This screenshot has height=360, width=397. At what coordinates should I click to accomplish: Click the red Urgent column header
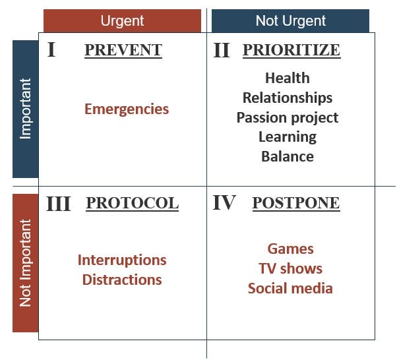click(122, 20)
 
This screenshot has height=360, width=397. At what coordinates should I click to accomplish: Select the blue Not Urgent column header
click(290, 20)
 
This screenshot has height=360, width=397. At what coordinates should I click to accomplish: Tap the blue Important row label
click(25, 109)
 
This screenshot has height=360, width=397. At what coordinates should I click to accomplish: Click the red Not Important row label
click(25, 262)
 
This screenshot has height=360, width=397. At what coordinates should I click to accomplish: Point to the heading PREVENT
click(123, 50)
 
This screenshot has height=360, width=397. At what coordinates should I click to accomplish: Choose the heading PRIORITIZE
click(291, 50)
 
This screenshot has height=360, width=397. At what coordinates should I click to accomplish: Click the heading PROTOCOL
click(132, 203)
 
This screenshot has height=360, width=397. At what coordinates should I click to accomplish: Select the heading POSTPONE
click(296, 203)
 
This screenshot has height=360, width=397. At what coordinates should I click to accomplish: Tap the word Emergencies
click(127, 109)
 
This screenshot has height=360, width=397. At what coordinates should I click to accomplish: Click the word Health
click(287, 78)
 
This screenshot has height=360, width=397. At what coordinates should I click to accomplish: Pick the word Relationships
click(288, 98)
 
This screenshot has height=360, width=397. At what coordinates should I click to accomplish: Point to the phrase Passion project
click(288, 117)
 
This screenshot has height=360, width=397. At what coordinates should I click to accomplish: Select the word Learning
click(288, 136)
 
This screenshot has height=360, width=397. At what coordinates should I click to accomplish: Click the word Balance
click(288, 156)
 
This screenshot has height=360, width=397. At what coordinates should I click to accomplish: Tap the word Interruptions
click(122, 260)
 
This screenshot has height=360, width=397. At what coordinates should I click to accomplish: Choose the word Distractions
click(122, 280)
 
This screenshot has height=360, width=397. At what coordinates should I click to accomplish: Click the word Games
click(290, 249)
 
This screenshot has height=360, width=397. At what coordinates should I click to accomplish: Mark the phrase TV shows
click(290, 268)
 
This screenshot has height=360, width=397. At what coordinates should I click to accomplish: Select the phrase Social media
click(290, 288)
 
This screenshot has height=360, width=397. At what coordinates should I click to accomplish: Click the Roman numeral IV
click(224, 203)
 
